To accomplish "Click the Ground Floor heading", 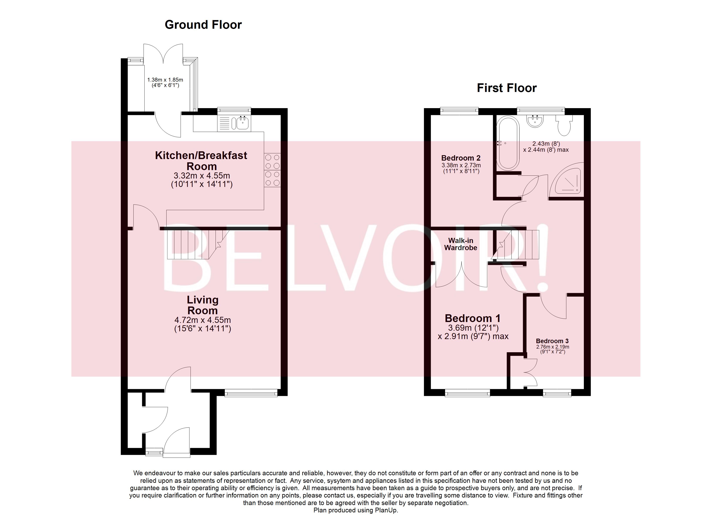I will (203, 25).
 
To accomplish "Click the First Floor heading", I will (506, 88).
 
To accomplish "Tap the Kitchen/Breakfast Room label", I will (201, 161).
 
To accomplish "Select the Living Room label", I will (202, 305).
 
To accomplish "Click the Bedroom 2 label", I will (461, 158).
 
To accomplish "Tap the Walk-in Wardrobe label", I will (461, 244).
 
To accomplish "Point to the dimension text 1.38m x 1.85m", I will (165, 80).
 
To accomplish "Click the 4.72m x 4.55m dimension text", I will (202, 320).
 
